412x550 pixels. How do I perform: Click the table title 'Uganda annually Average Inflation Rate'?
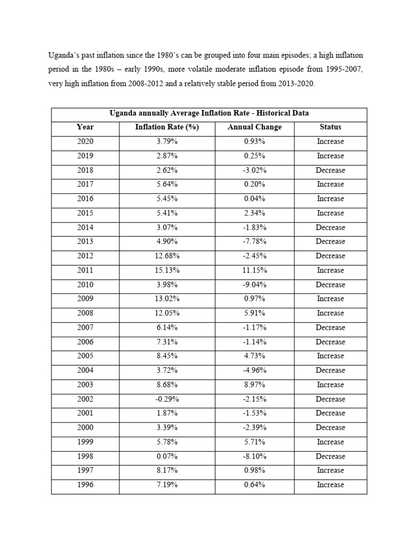[209, 113]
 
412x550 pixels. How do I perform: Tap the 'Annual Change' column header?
[254, 127]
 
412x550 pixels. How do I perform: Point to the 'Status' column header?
[330, 127]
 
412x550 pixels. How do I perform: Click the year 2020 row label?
[85, 142]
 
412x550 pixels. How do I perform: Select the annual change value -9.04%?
[254, 285]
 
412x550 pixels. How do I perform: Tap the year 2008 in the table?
[85, 313]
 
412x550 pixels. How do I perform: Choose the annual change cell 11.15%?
[254, 270]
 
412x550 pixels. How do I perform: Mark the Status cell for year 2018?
[330, 170]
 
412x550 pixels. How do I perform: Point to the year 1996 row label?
[85, 485]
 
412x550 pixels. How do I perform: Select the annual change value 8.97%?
[254, 385]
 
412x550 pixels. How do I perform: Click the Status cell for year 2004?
[330, 371]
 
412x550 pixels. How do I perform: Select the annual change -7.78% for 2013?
[254, 242]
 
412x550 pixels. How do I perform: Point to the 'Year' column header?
[85, 127]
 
